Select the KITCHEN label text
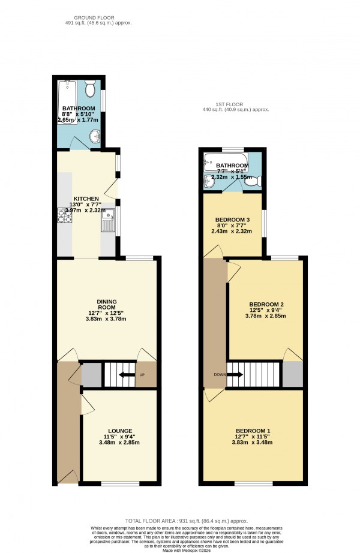[86, 199]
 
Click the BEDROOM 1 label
[253, 431]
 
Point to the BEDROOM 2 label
[265, 304]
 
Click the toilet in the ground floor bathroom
[90, 90]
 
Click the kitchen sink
[107, 226]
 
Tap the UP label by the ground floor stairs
[142, 375]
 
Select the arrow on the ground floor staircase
[126, 375]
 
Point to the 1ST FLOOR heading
[235, 105]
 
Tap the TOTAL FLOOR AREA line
[186, 521]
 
